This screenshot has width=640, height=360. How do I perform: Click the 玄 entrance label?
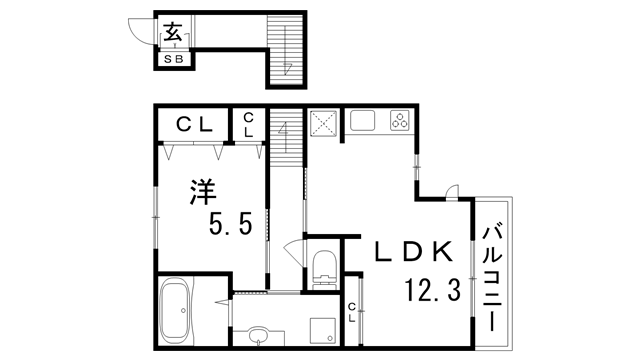(173, 33)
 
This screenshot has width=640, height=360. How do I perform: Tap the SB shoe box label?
(174, 57)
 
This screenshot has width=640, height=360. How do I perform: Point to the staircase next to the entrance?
(286, 50)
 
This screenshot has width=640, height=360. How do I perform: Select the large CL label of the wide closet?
(195, 124)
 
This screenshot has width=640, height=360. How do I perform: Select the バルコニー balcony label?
(492, 276)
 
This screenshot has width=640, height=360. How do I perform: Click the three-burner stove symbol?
(399, 122)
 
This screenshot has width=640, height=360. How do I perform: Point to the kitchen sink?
(361, 122)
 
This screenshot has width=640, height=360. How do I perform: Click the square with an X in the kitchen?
(324, 123)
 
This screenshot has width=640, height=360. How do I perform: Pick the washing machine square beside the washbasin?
(321, 331)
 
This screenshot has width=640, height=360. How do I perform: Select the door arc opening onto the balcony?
(452, 192)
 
